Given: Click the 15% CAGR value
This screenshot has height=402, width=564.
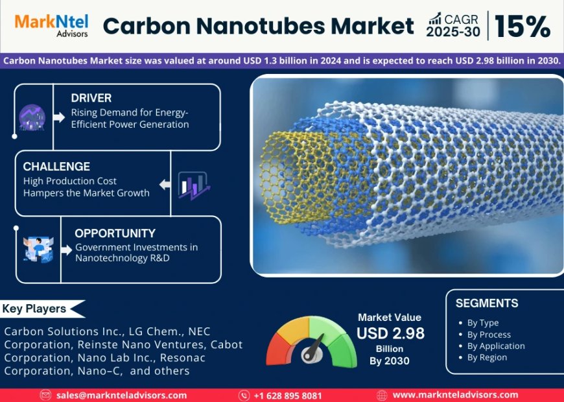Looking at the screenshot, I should [x=523, y=27].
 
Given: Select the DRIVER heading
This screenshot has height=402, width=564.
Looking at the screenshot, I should [x=91, y=98].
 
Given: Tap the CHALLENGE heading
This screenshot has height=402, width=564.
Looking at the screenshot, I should [x=56, y=167].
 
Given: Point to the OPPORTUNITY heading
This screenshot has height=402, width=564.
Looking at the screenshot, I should [x=115, y=233].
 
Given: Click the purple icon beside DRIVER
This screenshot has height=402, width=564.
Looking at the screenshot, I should [x=32, y=118].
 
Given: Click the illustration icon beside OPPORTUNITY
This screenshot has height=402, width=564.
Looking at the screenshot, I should [x=38, y=250].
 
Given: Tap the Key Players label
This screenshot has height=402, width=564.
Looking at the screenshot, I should [x=34, y=309].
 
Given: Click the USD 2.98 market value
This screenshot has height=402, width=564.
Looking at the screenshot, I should [x=390, y=333].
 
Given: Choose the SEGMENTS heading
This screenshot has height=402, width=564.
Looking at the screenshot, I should [x=486, y=303].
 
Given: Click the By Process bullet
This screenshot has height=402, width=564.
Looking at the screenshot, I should [x=489, y=335].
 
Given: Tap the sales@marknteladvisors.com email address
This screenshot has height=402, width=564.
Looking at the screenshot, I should [x=121, y=395].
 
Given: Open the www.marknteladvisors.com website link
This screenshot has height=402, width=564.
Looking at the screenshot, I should [x=455, y=394].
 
